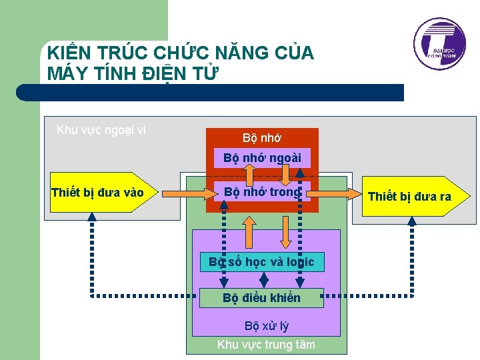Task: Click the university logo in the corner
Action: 439,45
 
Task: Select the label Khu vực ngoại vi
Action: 101,129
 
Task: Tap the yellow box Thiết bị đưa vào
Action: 97,193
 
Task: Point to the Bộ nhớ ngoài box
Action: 262,158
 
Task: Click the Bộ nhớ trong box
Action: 262,192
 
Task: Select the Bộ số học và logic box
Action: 261,262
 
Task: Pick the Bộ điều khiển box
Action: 261,298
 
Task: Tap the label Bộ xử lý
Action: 266,326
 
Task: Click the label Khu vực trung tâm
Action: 266,344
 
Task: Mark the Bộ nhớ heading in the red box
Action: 262,138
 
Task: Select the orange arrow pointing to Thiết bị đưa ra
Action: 337,193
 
